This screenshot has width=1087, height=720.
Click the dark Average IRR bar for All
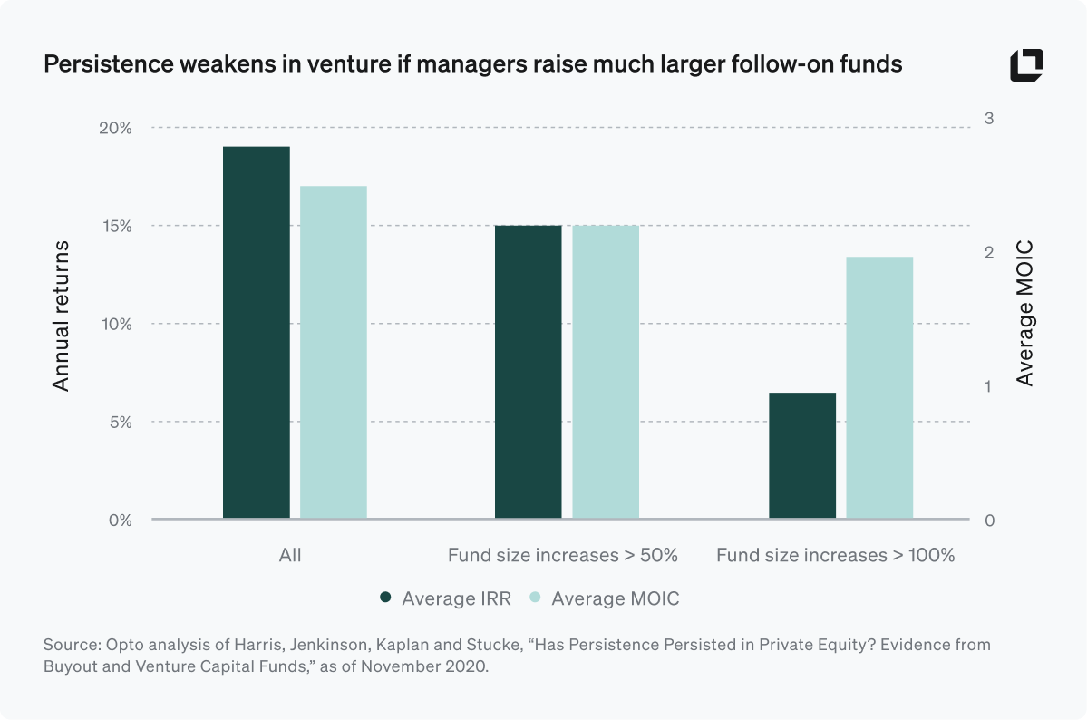click(256, 333)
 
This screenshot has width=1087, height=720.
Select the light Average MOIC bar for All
click(334, 353)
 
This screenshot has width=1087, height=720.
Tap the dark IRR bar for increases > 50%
click(529, 373)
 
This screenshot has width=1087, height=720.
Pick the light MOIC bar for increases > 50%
click(606, 373)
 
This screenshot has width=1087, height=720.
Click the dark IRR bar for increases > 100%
click(802, 456)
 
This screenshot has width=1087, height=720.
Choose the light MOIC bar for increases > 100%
click(879, 388)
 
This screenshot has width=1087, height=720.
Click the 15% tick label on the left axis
click(114, 226)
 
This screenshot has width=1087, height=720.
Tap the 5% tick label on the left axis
click(118, 423)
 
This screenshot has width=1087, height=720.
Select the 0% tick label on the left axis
click(118, 521)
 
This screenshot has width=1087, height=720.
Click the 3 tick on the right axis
click(989, 119)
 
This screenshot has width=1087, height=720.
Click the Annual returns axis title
click(61, 316)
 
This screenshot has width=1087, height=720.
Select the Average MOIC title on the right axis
click(1024, 313)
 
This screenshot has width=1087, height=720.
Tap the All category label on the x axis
click(290, 555)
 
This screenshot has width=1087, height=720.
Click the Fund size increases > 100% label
click(835, 555)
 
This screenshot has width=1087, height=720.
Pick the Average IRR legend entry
click(445, 598)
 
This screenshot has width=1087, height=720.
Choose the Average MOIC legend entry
click(604, 598)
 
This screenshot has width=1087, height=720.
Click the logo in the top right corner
click(1026, 65)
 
